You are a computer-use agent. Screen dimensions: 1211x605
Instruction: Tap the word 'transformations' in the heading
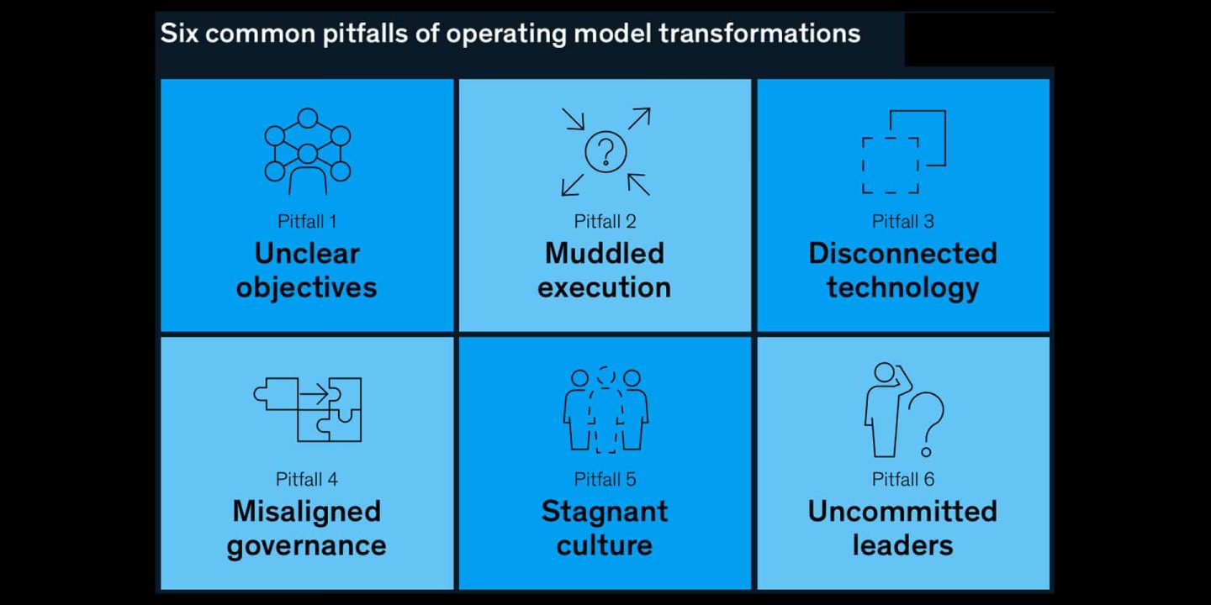[x=759, y=33]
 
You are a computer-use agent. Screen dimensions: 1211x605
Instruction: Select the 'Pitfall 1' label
[x=307, y=222]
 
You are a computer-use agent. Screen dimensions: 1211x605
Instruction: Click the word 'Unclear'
[x=307, y=254]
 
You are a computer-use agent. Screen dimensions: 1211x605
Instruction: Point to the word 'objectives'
[x=306, y=287]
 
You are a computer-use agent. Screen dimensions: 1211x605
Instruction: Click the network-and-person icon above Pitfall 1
[x=307, y=152]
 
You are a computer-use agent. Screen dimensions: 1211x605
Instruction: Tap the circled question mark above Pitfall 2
[x=605, y=152]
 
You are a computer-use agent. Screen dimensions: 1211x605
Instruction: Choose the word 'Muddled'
[x=605, y=254]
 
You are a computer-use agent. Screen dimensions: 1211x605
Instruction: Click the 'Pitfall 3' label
[x=903, y=222]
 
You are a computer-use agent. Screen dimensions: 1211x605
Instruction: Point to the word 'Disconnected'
[x=903, y=254]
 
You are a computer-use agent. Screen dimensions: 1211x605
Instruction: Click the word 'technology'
[x=903, y=287]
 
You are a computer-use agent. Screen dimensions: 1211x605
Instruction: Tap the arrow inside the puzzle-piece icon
[x=315, y=394]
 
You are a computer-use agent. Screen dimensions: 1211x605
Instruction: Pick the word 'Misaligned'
[x=306, y=511]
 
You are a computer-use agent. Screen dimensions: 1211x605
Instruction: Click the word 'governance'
[x=306, y=545]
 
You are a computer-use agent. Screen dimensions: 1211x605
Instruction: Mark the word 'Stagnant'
[x=605, y=511]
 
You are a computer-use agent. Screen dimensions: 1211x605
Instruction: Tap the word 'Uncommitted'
[x=903, y=511]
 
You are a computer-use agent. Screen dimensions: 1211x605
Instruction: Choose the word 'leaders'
[x=903, y=545]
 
